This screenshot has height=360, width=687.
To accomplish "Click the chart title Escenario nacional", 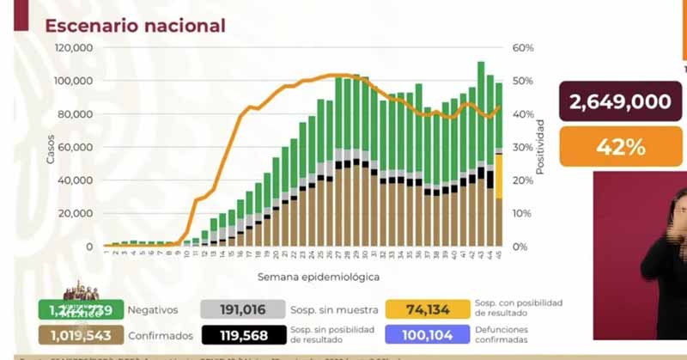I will [x=135, y=26].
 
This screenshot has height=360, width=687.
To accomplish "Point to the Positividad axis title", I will [x=540, y=148].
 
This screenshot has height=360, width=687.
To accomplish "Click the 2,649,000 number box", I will [x=619, y=102].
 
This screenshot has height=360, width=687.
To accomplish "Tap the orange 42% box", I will [x=620, y=146].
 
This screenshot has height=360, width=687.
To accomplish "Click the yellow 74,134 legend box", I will [x=427, y=309].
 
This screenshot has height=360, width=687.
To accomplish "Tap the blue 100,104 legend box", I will [x=427, y=335].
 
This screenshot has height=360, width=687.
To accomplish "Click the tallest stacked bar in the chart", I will [x=481, y=155].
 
